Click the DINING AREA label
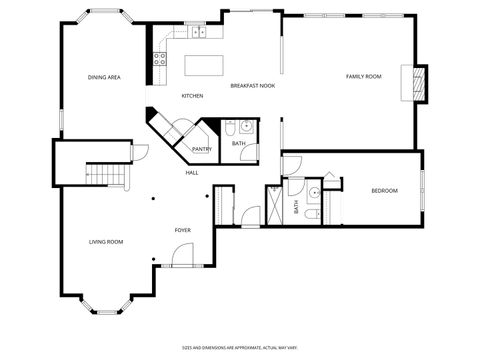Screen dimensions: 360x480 point(104,77)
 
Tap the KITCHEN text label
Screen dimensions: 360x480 point(192,96)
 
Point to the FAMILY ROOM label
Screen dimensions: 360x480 point(363,77)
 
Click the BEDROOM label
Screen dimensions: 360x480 point(384,191)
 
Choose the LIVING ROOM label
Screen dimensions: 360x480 point(106,241)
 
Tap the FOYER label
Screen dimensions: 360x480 point(183,230)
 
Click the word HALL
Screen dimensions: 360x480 point(191,173)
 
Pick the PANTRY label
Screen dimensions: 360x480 point(202,150)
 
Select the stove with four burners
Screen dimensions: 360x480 point(158,58)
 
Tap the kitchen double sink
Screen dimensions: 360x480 point(196,32)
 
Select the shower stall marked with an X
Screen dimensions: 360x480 point(275,210)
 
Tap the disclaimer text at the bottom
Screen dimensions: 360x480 point(240,347)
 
